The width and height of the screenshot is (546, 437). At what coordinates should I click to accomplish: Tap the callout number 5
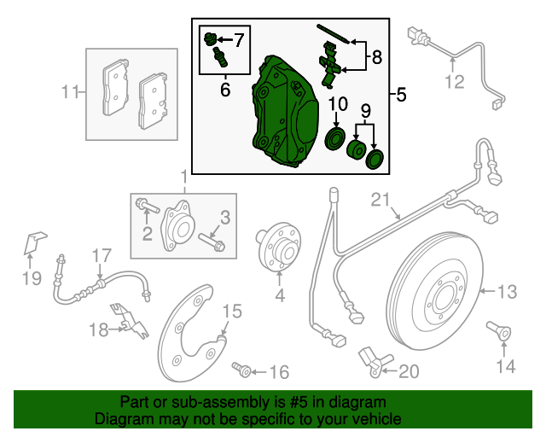(x=401, y=94)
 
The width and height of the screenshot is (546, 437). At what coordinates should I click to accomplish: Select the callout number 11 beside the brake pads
(x=73, y=91)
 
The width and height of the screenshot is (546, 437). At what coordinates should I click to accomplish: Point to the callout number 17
(x=102, y=254)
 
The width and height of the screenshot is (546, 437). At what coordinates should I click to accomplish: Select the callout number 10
(x=339, y=104)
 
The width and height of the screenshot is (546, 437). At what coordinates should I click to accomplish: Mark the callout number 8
(x=376, y=58)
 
